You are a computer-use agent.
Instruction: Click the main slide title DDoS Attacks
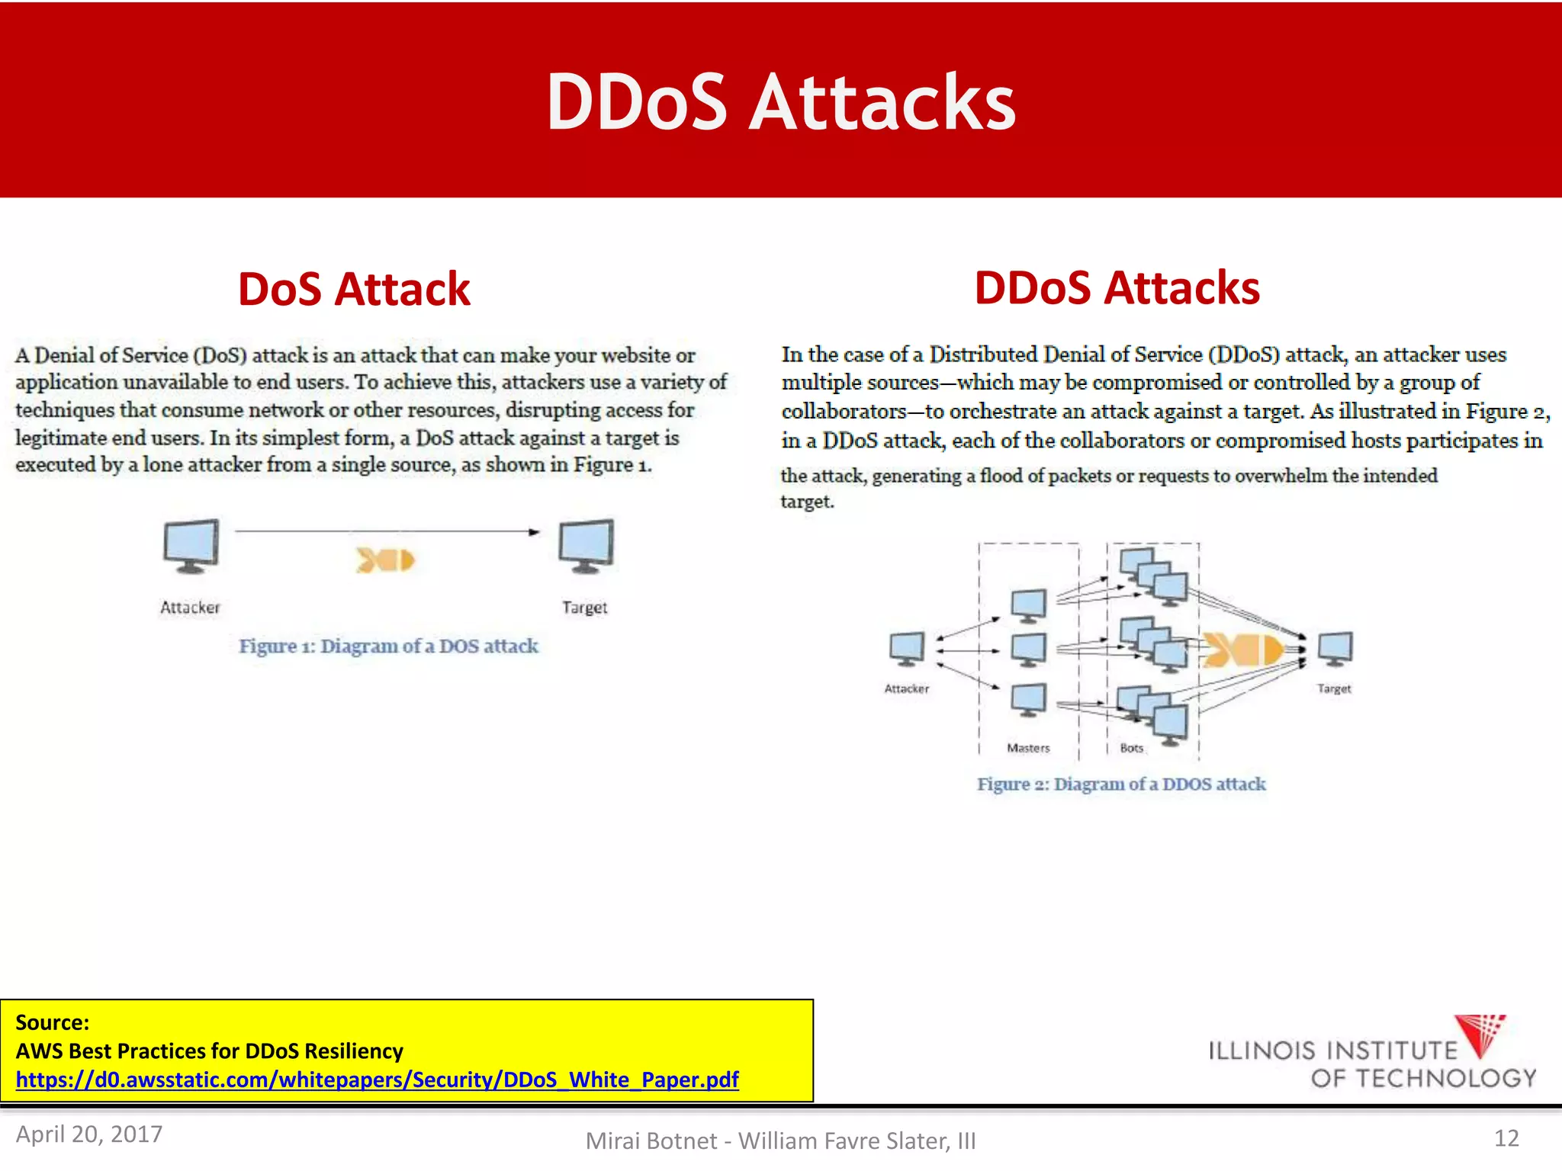[781, 102]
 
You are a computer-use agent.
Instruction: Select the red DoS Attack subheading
[354, 290]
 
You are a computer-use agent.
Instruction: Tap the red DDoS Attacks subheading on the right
[1117, 288]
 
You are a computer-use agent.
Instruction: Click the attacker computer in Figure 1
[191, 546]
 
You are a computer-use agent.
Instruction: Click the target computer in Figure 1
[586, 546]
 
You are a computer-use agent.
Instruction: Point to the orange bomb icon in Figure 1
[385, 560]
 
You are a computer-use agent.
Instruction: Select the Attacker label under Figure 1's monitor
[190, 608]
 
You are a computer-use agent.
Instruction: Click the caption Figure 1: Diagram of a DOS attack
[388, 646]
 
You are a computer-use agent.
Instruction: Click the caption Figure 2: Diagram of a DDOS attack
[1121, 784]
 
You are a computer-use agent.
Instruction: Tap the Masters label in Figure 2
[1028, 749]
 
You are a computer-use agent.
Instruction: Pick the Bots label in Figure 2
[1132, 749]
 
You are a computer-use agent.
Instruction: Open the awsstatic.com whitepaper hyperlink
[377, 1080]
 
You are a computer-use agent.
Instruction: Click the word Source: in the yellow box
[53, 1022]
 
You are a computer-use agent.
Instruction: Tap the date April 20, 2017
[89, 1134]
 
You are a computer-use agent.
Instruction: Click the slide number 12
[1506, 1138]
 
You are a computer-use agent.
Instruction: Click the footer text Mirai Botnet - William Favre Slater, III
[780, 1141]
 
